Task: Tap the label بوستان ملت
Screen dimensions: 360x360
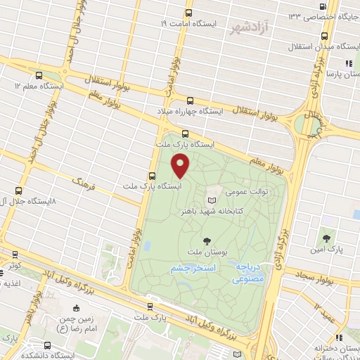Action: pos(205,251)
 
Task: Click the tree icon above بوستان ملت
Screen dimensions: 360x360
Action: pos(205,240)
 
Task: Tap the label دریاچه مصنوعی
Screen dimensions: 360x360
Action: pos(248,273)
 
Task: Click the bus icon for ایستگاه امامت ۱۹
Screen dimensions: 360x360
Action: pos(188,13)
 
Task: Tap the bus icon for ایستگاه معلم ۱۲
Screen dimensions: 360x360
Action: pos(38,75)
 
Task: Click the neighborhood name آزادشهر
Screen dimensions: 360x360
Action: pos(250,28)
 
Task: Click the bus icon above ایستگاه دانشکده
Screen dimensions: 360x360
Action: pos(47,345)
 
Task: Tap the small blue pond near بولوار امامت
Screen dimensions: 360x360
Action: pos(148,246)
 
